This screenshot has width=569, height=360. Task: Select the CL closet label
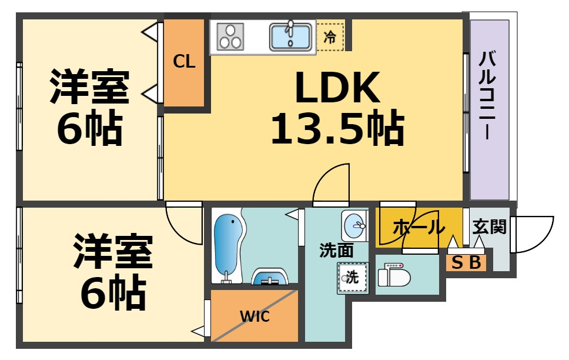184,61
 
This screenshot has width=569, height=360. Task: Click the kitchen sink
291,36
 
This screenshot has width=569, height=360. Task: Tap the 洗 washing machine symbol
352,278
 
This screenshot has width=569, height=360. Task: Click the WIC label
255,316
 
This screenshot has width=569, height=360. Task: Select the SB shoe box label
466,262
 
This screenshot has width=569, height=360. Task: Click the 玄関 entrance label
489,226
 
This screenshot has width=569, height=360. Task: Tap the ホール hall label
419,226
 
